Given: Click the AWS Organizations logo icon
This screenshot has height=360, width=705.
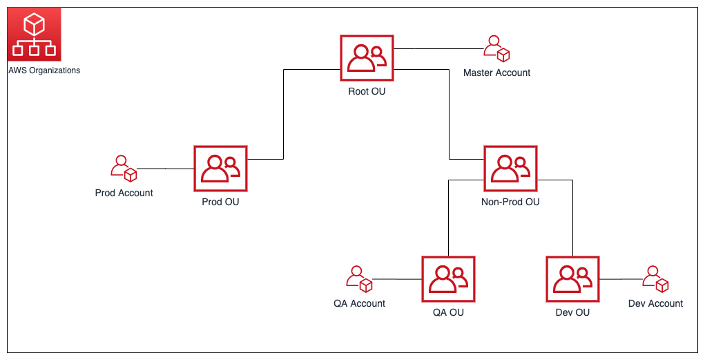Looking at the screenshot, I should pos(35,35).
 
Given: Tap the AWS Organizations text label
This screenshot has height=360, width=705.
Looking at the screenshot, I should pos(44,70).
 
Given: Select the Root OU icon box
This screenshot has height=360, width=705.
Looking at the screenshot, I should pos(367,58).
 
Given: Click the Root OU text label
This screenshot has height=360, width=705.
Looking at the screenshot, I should pos(367,91).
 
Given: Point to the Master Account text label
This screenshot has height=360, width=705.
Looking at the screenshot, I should pos(496,73).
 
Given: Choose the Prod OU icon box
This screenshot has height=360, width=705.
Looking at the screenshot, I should pos(220,169).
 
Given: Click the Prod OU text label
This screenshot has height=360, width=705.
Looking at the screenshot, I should pos(220,202).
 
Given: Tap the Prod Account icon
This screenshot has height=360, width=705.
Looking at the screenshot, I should pos(124,169).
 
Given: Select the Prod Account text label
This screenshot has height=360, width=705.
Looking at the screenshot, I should pos(124,193).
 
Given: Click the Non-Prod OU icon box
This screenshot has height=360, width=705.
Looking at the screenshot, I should pos(510,169).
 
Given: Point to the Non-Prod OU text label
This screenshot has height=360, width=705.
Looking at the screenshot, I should pos(510,202).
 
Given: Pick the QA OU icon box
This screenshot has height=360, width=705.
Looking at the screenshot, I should pos(448,279).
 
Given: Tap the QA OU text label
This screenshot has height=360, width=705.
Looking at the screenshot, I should pos(448,312).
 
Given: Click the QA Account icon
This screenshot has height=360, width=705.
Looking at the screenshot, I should pos(359,279).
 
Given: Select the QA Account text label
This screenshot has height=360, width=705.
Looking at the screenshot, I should pos(359,303).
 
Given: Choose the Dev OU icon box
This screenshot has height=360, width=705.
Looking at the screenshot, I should pos(572,279).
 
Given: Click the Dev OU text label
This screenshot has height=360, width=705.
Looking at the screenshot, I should pos(572,312).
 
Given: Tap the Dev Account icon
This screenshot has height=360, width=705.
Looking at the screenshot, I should pos(655,279).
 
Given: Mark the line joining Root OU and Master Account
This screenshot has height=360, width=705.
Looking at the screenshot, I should pos(438,49).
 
